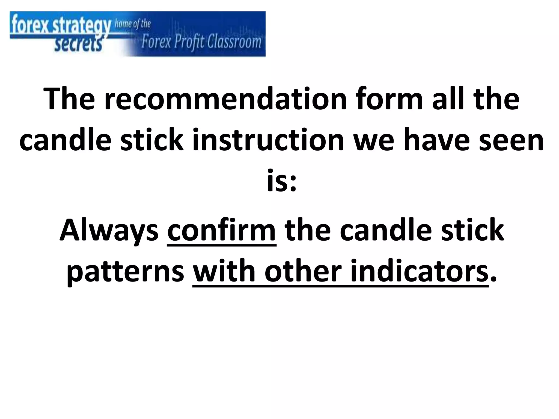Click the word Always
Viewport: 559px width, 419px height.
[x=109, y=231]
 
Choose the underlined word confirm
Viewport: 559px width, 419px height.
[x=221, y=231]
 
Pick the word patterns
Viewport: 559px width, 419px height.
[x=126, y=272]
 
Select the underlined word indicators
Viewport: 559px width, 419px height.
[x=419, y=272]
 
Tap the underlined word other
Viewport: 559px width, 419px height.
[x=303, y=272]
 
